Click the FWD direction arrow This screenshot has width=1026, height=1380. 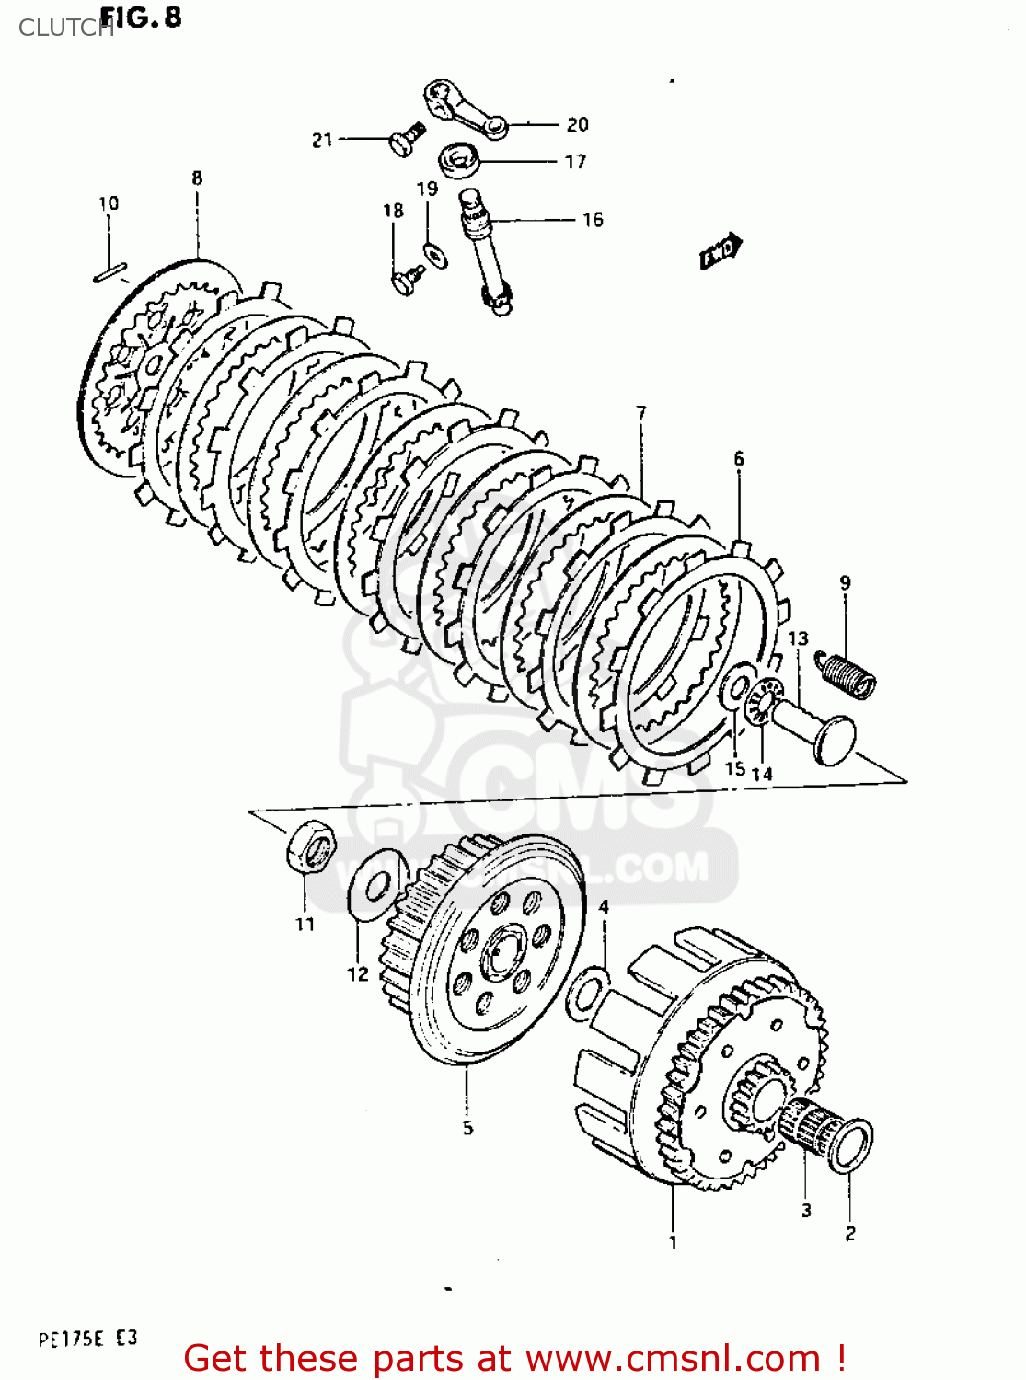tap(721, 251)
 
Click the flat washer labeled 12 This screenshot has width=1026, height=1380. tap(375, 885)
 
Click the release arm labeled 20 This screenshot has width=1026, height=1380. tap(465, 109)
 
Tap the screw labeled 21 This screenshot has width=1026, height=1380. tap(404, 140)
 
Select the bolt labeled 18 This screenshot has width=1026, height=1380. tap(406, 279)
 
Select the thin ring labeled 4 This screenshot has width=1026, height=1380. tap(586, 993)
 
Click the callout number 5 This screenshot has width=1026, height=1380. tap(467, 1128)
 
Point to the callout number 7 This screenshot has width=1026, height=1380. tap(641, 413)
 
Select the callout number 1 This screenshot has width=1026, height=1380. tap(673, 1243)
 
